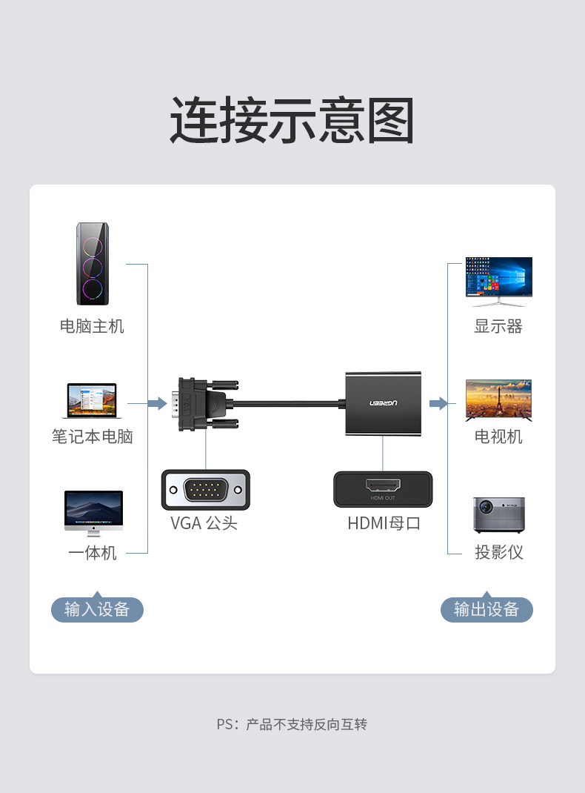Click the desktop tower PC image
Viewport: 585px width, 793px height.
(x=93, y=264)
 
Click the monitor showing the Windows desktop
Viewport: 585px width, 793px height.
(x=498, y=280)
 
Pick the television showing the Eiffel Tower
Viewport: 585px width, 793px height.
(x=498, y=400)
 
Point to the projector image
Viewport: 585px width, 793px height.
(x=498, y=514)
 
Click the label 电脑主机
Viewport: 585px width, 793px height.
(x=93, y=326)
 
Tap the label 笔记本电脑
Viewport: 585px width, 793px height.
(x=93, y=437)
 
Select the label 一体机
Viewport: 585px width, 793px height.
(x=93, y=553)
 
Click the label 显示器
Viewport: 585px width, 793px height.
(x=498, y=326)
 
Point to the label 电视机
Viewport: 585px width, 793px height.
(x=498, y=437)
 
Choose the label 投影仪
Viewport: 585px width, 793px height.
(x=498, y=553)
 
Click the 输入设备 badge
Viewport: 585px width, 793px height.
(x=97, y=609)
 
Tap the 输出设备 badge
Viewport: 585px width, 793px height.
(x=487, y=609)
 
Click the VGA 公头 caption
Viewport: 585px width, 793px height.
(x=204, y=523)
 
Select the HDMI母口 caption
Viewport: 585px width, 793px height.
(x=384, y=523)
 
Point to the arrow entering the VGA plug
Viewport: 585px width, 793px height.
(x=157, y=403)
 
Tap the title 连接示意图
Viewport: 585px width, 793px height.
(x=292, y=120)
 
